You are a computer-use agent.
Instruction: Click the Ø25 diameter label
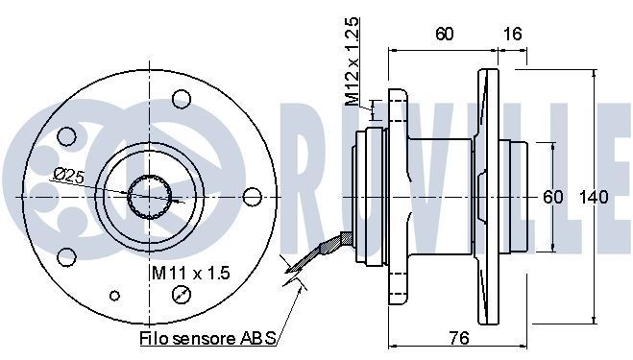[x=69, y=175]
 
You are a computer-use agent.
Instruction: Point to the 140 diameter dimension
[x=596, y=197]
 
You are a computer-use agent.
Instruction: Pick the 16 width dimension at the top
[x=512, y=35]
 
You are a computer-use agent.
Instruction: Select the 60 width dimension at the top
[x=443, y=35]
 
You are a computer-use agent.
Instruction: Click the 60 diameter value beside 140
[x=553, y=197]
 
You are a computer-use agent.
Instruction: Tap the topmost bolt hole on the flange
[x=179, y=98]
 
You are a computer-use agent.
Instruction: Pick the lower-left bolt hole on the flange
[x=67, y=255]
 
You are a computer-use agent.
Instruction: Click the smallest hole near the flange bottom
[x=116, y=295]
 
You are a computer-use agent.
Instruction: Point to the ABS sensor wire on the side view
[x=322, y=251]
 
